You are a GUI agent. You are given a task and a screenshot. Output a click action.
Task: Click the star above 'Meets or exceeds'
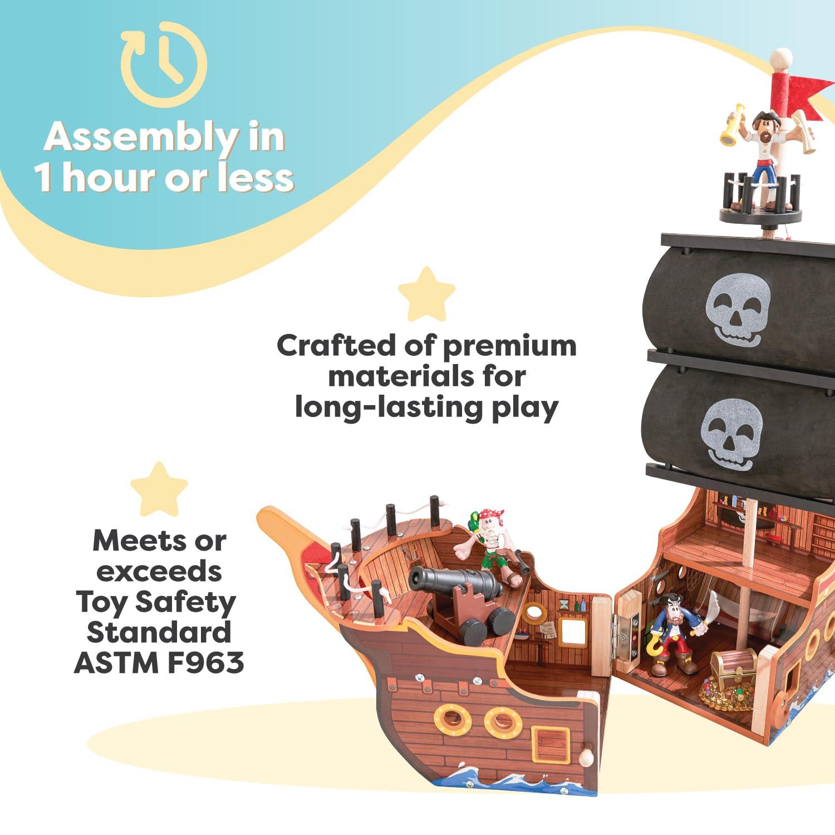pos(159,489)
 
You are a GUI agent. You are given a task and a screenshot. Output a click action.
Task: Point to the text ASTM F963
pos(159,662)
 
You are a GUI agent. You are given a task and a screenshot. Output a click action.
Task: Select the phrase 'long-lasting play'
pos(426,407)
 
